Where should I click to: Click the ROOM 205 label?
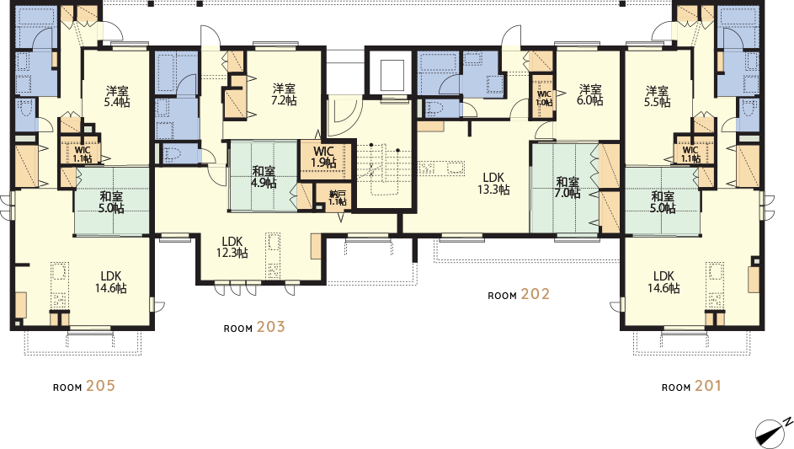point(84,386)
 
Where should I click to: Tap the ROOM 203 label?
point(254,328)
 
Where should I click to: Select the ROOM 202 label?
point(519,295)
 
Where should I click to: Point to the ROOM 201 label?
point(691,386)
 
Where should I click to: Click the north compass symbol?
point(773,432)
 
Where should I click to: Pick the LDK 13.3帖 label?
point(493,184)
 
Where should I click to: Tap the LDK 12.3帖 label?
point(232,247)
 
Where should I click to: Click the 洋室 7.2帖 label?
point(284,94)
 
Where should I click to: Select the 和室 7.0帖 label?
point(568,187)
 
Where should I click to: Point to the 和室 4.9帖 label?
point(264,177)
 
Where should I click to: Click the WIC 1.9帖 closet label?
point(323,157)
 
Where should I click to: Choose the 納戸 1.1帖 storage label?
point(338,198)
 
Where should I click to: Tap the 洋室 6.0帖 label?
point(590,94)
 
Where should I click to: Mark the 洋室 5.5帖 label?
point(658,96)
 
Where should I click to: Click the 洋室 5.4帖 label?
point(117,96)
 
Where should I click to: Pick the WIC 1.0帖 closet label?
point(544,99)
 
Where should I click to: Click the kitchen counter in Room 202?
point(441,168)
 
